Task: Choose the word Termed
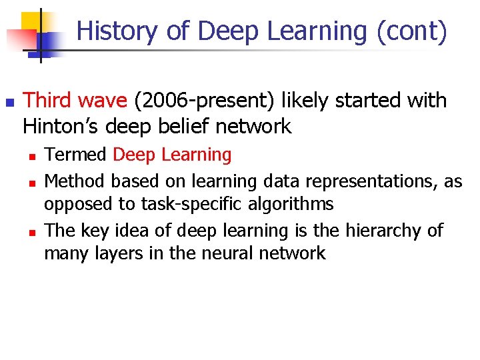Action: pos(75,155)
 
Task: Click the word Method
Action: pos(75,181)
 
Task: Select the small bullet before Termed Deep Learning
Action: pos(31,156)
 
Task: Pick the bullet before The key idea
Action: pos(31,232)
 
